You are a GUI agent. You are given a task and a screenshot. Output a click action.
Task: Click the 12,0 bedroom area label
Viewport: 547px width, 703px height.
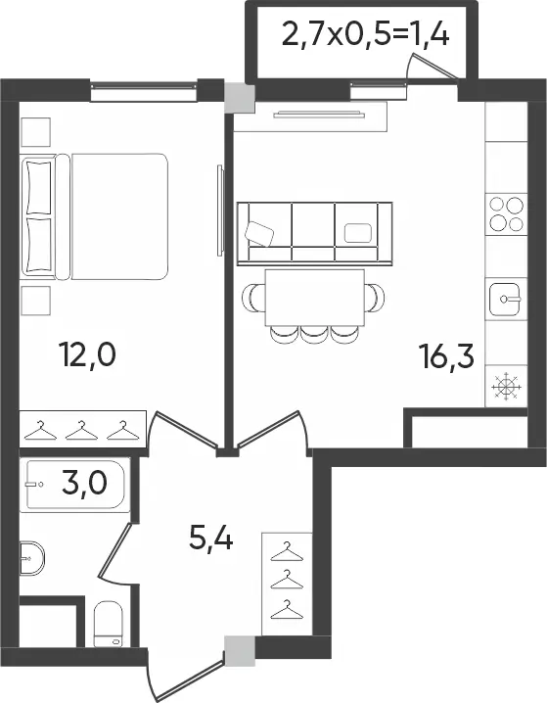click(x=87, y=353)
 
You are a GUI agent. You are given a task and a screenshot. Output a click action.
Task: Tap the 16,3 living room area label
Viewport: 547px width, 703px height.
click(x=446, y=354)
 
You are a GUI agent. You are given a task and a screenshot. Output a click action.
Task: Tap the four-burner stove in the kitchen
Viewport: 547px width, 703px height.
click(x=506, y=213)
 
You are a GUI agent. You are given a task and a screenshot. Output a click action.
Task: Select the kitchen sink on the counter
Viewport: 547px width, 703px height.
click(x=505, y=299)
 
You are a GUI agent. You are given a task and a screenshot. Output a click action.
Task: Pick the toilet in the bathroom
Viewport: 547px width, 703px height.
click(x=108, y=624)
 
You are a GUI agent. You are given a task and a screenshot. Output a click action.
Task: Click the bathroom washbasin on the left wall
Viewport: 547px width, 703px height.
click(x=32, y=558)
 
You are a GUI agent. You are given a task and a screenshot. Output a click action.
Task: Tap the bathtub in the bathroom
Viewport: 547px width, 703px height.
click(x=74, y=485)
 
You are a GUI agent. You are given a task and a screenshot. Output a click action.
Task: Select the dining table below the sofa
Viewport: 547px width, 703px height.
click(x=314, y=298)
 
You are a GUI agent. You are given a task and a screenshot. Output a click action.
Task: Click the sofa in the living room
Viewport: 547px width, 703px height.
click(x=314, y=234)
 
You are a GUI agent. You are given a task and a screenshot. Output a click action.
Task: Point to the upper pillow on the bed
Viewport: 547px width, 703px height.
click(x=39, y=188)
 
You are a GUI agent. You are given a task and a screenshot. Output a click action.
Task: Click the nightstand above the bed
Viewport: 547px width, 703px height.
click(x=35, y=132)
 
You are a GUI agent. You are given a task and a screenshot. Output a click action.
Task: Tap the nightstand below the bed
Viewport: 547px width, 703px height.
click(x=35, y=301)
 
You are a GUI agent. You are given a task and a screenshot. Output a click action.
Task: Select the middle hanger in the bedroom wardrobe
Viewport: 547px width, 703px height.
click(x=81, y=430)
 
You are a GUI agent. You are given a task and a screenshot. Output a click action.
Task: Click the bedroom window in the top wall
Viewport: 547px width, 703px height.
click(x=144, y=91)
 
